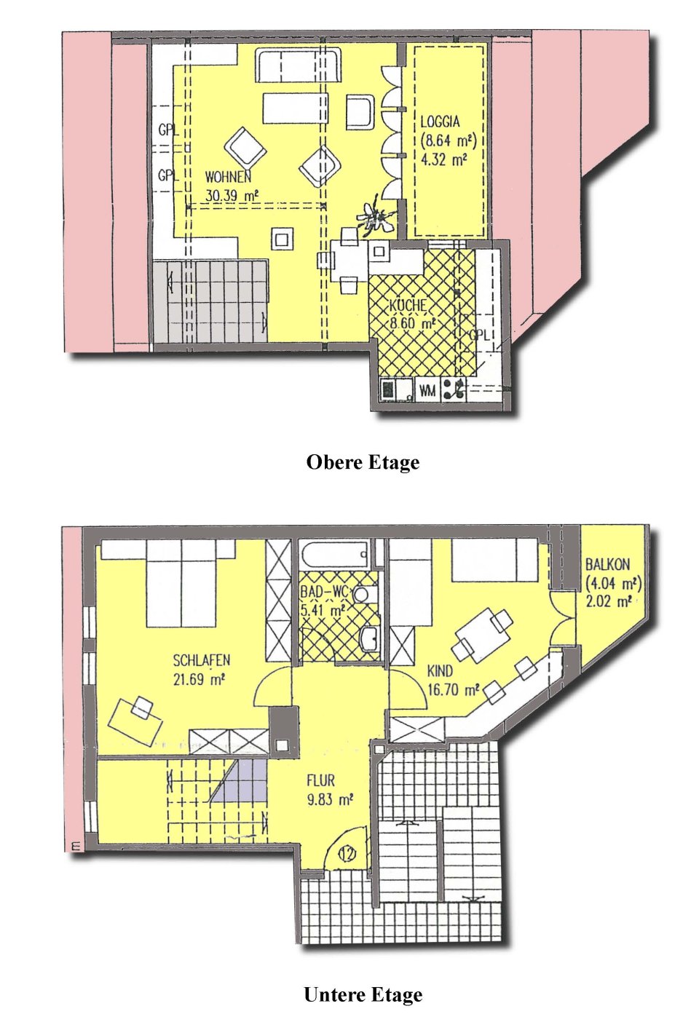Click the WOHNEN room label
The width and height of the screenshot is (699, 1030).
(x=228, y=177)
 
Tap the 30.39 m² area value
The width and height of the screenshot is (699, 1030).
(x=232, y=195)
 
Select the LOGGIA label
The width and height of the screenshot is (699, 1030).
(x=441, y=122)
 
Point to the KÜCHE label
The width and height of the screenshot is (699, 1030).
(x=408, y=306)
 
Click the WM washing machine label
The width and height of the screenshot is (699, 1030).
(x=427, y=391)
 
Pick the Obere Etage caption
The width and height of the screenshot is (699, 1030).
(x=363, y=462)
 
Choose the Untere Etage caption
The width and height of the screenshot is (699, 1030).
(x=363, y=994)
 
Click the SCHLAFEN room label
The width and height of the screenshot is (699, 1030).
(x=202, y=661)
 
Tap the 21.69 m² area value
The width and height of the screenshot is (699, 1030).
(x=199, y=680)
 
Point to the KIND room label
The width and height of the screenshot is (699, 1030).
(x=440, y=671)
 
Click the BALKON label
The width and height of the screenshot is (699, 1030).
(x=607, y=564)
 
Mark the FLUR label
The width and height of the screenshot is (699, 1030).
(x=321, y=781)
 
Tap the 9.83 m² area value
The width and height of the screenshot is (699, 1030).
(x=330, y=799)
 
